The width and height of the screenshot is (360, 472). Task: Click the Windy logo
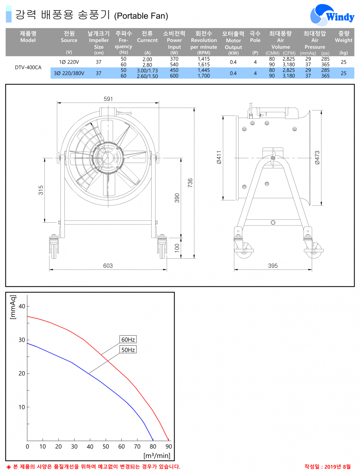[332, 15]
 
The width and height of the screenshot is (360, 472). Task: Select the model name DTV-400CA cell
[28, 67]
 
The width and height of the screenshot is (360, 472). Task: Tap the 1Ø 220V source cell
[69, 62]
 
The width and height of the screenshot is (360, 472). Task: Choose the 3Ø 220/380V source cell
[69, 73]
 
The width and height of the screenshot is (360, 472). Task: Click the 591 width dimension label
[108, 99]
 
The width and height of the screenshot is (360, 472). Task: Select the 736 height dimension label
[190, 183]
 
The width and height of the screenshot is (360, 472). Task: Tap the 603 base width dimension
[108, 265]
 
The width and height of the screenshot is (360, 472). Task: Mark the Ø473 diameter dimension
[317, 158]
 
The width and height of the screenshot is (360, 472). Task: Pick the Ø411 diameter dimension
[219, 158]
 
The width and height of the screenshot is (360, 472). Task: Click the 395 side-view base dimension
[273, 265]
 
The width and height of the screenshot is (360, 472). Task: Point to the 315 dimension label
[41, 190]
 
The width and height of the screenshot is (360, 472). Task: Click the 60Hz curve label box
[128, 340]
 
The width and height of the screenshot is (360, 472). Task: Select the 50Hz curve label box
[128, 350]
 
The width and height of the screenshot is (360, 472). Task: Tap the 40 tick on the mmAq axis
[22, 306]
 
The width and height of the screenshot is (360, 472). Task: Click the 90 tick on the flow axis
[168, 446]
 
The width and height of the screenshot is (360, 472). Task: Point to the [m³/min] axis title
[157, 456]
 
